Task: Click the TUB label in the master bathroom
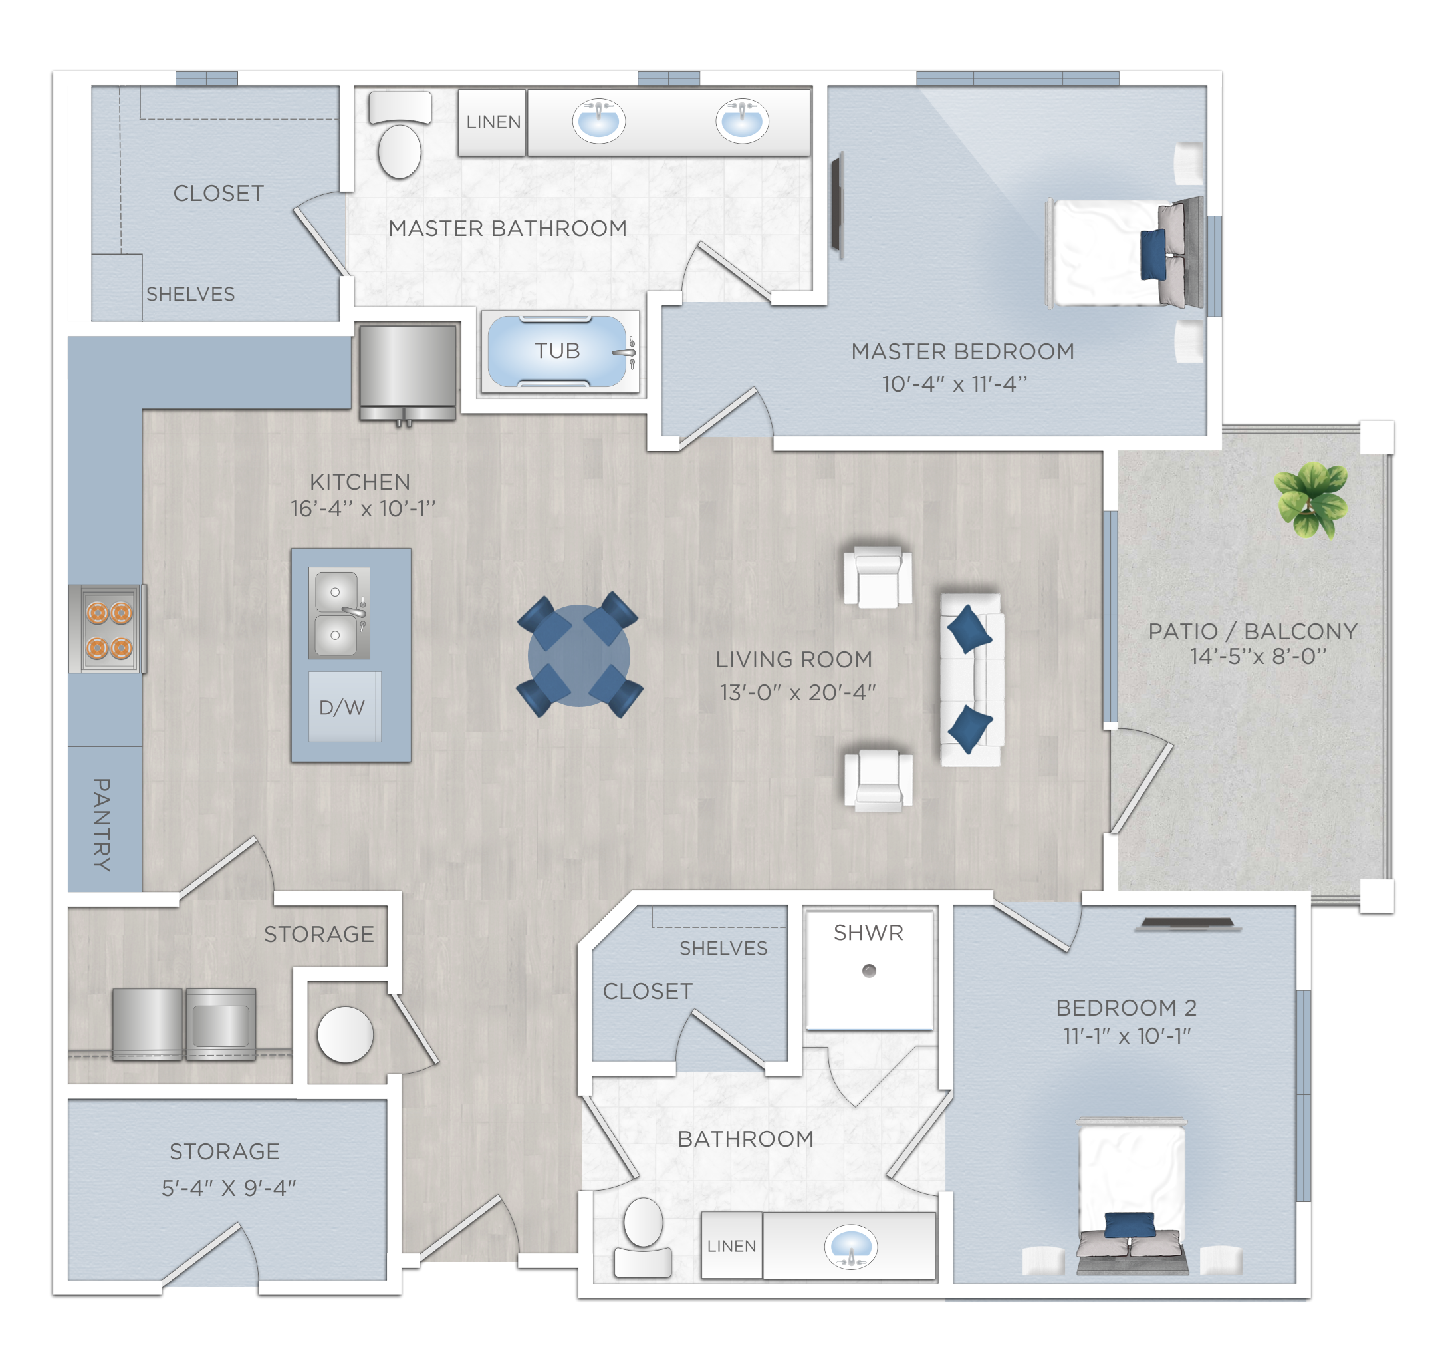(x=557, y=351)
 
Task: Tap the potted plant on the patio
(x=1311, y=500)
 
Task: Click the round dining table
(x=579, y=655)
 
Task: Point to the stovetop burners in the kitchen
(x=109, y=629)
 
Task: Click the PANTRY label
(x=102, y=825)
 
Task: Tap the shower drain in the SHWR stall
(x=869, y=971)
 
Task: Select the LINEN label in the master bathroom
(x=493, y=122)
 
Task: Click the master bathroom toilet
(x=400, y=135)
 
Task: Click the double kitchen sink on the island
(x=340, y=613)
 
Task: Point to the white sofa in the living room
(x=972, y=680)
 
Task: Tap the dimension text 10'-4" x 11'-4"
(x=955, y=384)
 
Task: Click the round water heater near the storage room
(x=345, y=1034)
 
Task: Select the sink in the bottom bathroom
(x=851, y=1247)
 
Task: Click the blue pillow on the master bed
(x=1153, y=254)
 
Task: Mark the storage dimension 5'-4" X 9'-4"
(x=229, y=1189)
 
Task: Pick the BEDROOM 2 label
(x=1126, y=1008)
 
